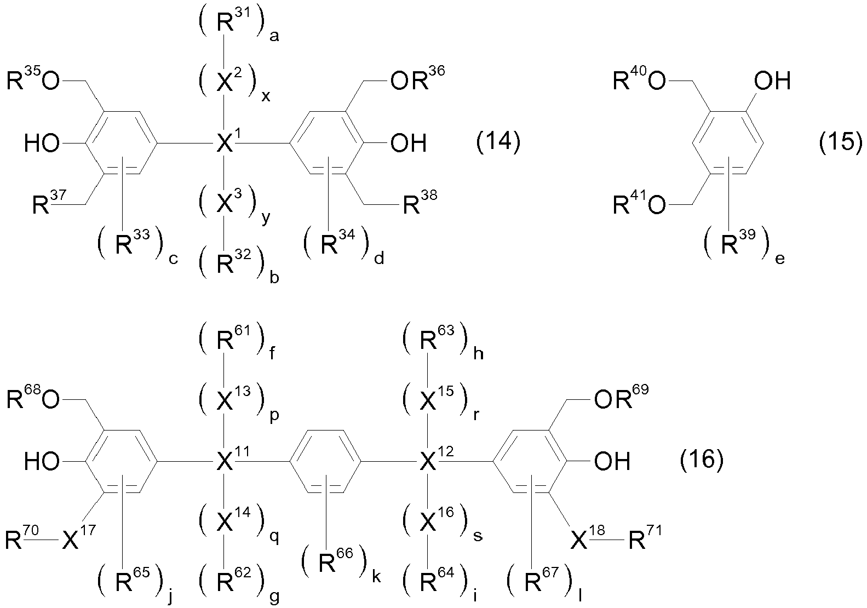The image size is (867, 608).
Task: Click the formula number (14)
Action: pyautogui.click(x=498, y=142)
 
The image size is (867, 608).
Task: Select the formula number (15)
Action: pyautogui.click(x=841, y=142)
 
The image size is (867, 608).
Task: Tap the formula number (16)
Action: pyautogui.click(x=702, y=460)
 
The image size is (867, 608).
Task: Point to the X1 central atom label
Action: pyautogui.click(x=228, y=141)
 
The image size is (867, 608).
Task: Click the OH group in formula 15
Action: pyautogui.click(x=772, y=80)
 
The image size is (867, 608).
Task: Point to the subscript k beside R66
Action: pyautogui.click(x=376, y=577)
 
